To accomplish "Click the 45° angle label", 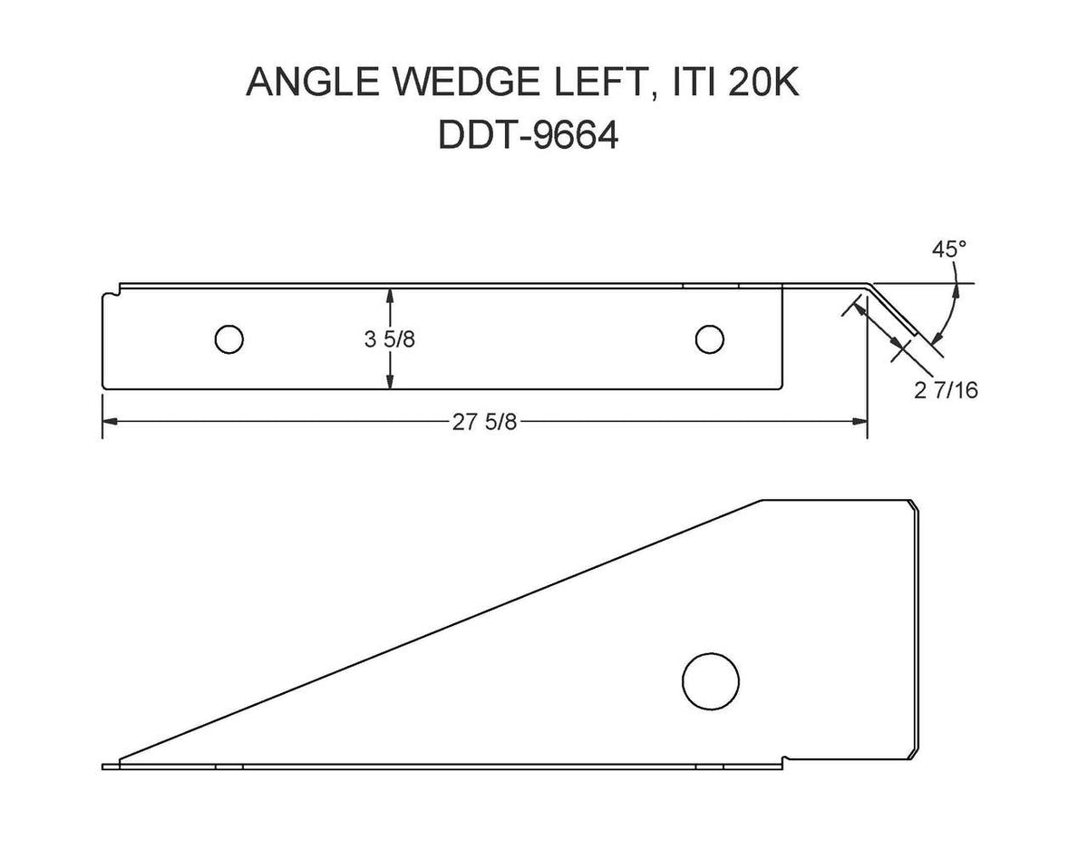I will [943, 249].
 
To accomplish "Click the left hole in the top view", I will [228, 339].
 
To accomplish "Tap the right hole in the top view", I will [709, 339].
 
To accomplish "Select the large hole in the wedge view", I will [710, 680].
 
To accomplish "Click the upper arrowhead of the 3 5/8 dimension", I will [390, 294].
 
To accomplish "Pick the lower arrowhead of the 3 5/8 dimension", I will [390, 384].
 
